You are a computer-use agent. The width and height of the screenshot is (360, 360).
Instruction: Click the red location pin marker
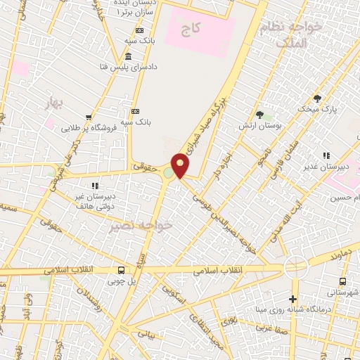(x=181, y=165)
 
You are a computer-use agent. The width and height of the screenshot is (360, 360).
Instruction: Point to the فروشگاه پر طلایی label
(x=89, y=128)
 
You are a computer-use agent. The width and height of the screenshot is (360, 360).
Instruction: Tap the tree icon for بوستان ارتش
(x=260, y=115)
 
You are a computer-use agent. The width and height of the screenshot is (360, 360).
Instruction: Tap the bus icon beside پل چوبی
(x=122, y=270)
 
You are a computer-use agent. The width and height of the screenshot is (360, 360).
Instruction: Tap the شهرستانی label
(x=339, y=291)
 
